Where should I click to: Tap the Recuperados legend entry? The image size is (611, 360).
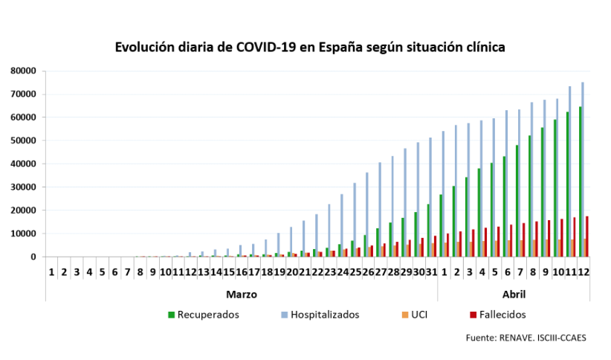pos(203,315)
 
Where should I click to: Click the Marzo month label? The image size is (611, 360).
pos(242,294)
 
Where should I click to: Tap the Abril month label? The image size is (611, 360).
pos(513,294)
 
